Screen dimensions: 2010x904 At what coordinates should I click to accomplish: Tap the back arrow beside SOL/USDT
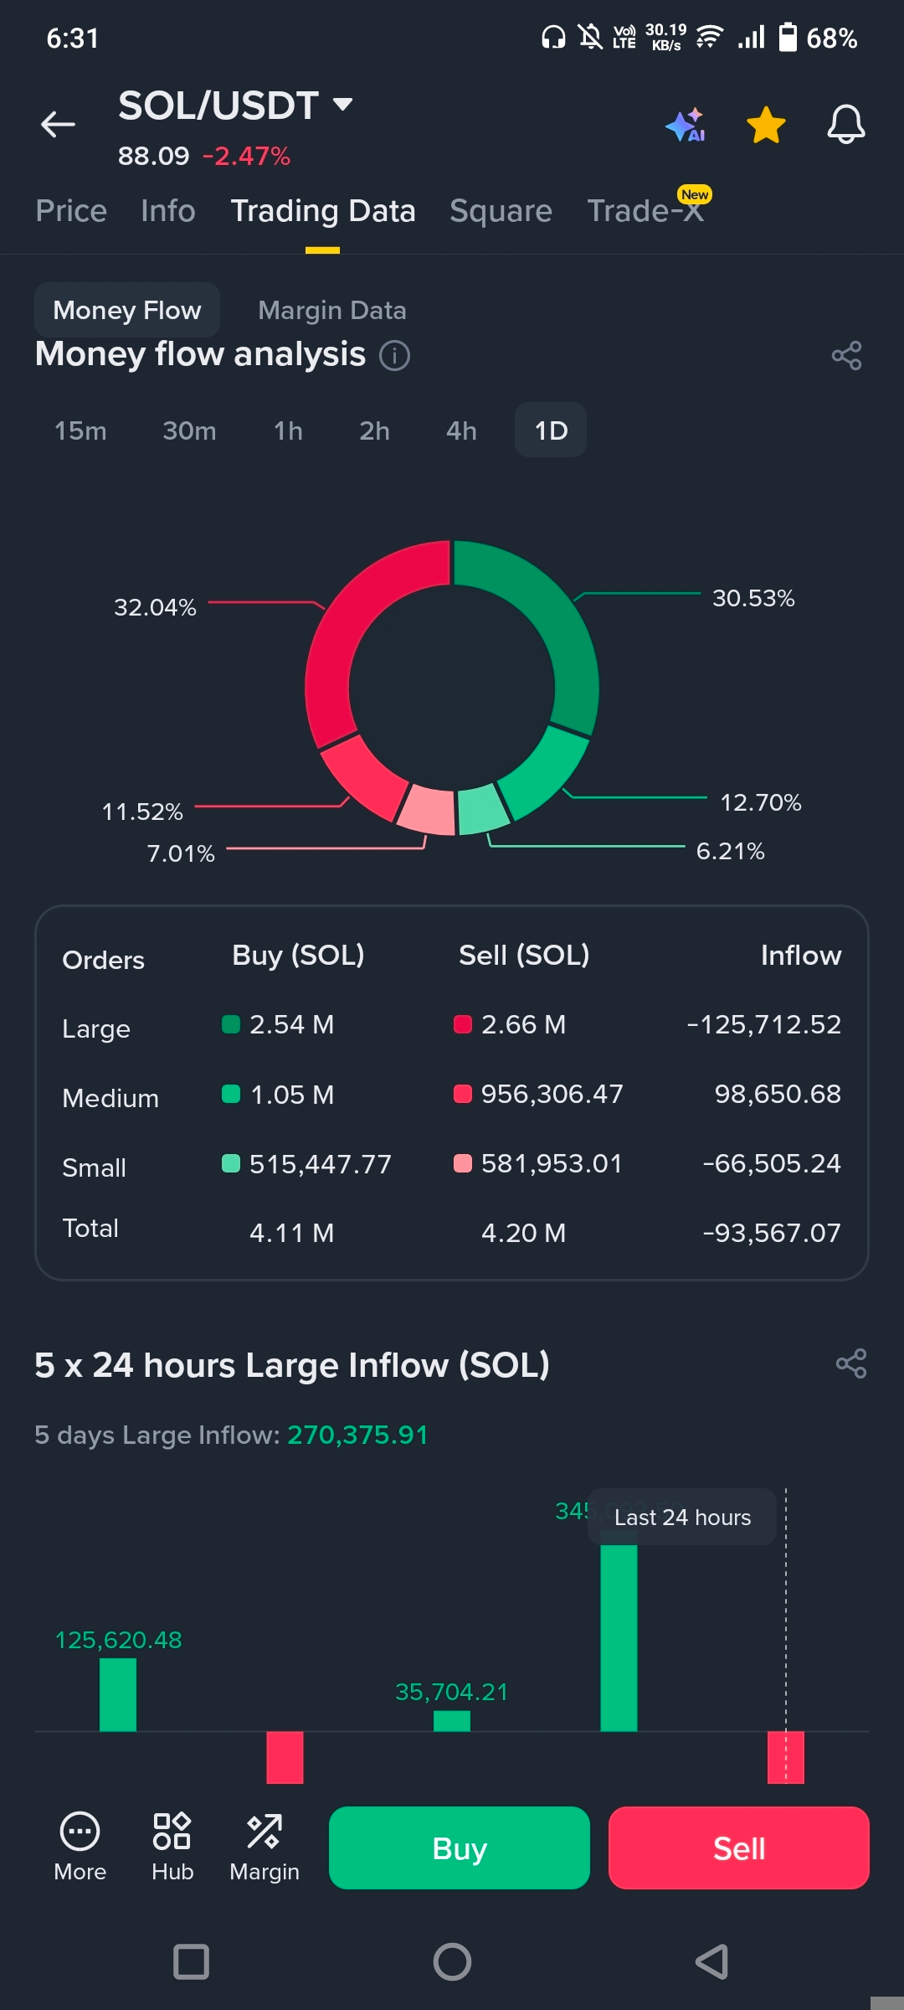(x=58, y=125)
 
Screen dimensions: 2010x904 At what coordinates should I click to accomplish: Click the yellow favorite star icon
(x=766, y=125)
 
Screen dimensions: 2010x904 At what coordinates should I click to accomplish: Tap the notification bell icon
(x=845, y=125)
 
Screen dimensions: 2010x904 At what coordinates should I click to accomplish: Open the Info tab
(x=167, y=211)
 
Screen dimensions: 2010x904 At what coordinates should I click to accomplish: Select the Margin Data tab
(x=331, y=311)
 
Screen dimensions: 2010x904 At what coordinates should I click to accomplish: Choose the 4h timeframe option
(x=461, y=430)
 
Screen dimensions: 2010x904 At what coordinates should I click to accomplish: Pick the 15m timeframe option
(x=80, y=430)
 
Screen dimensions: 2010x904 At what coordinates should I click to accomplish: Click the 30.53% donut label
(x=752, y=598)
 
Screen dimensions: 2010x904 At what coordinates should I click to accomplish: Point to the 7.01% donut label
(x=181, y=853)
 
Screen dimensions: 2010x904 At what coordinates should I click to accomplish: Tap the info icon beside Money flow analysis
(x=395, y=355)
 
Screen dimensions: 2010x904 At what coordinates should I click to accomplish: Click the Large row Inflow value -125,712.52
(x=763, y=1024)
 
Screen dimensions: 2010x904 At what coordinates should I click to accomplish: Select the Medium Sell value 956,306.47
(x=552, y=1094)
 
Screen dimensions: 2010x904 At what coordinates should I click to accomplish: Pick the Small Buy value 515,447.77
(x=320, y=1164)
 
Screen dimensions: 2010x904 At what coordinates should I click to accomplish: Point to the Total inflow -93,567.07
(x=771, y=1233)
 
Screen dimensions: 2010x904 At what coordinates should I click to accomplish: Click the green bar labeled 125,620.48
(x=118, y=1694)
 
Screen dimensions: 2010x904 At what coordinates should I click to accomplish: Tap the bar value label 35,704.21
(x=451, y=1692)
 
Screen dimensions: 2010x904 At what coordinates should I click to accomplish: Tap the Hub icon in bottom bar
(x=172, y=1846)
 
